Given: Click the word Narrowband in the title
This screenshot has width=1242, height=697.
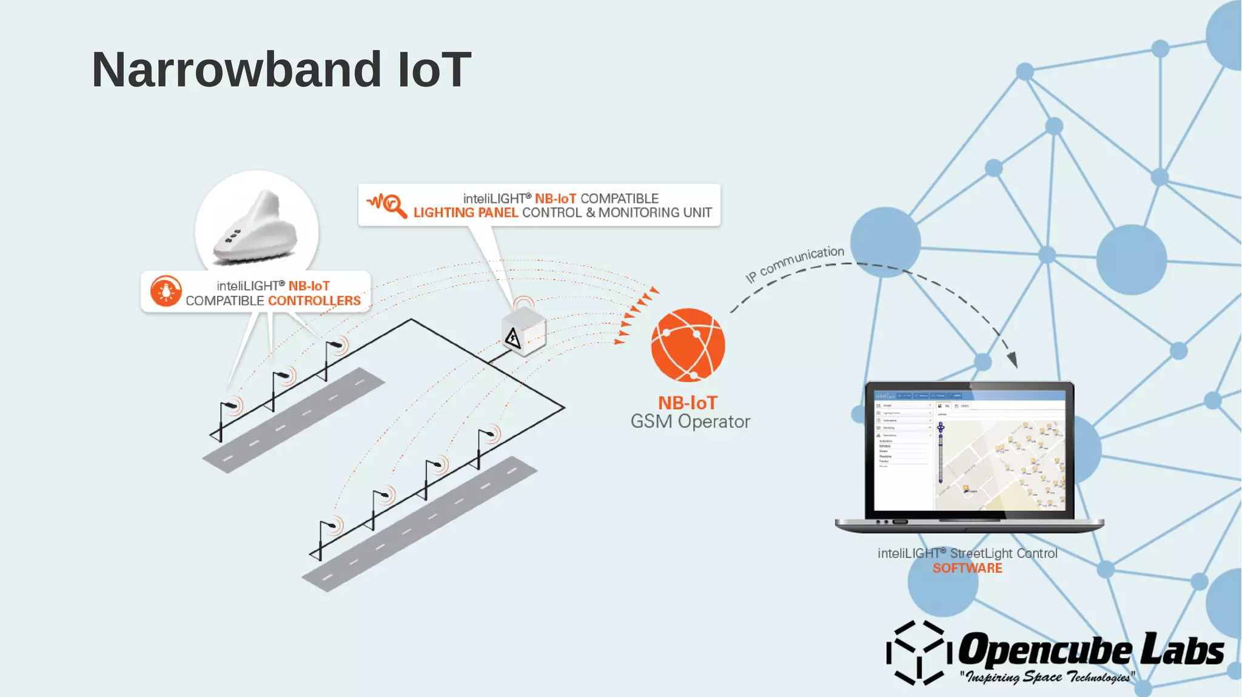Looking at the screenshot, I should [x=237, y=70].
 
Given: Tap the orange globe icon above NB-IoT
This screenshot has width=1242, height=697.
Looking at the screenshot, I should [x=688, y=345].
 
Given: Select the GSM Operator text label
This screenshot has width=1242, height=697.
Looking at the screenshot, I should [x=690, y=421].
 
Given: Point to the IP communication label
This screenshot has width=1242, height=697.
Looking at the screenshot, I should [x=794, y=264].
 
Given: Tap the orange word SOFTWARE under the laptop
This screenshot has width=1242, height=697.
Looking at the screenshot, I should [x=967, y=569].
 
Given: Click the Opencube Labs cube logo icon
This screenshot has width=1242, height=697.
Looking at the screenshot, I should [x=916, y=652].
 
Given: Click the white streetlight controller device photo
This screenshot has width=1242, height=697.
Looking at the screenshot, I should [x=256, y=228].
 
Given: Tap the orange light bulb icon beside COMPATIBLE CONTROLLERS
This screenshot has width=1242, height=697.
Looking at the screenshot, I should [x=166, y=291].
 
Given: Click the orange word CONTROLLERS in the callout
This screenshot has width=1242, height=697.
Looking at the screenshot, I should [x=314, y=301].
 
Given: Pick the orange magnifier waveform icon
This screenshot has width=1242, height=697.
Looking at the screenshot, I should [x=387, y=205].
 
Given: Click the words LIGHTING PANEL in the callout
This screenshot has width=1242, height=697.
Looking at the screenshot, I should [x=465, y=213].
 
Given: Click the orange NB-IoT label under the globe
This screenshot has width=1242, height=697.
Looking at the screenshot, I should [x=688, y=403].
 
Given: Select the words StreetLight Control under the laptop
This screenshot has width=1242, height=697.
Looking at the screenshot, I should [x=1003, y=553].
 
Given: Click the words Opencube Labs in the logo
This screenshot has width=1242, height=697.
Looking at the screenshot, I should [x=1090, y=650].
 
